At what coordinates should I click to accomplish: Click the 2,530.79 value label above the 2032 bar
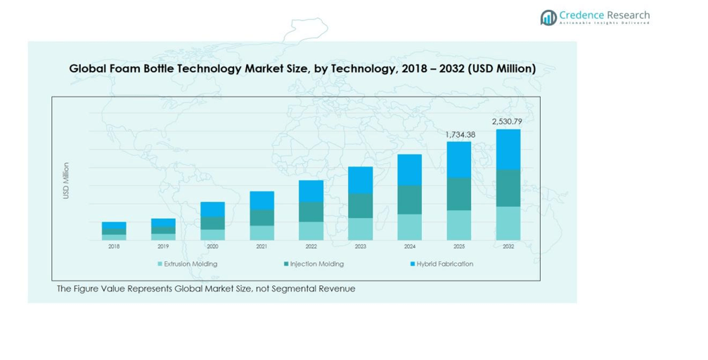(508, 122)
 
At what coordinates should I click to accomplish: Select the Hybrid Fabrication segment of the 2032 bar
(508, 149)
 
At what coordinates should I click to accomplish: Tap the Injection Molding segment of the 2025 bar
(459, 193)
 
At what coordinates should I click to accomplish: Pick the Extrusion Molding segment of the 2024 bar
(409, 227)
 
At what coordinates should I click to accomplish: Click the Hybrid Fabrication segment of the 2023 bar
(360, 180)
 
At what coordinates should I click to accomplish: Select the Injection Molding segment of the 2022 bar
(311, 212)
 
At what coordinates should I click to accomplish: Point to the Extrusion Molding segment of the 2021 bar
(262, 233)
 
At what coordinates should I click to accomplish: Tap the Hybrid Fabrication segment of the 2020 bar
(212, 209)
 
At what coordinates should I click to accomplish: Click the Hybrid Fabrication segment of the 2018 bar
(114, 225)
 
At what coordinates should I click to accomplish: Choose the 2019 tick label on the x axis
(163, 247)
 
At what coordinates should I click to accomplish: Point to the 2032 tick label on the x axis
(508, 247)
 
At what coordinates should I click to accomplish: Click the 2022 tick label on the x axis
(311, 247)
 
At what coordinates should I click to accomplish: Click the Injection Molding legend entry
(314, 264)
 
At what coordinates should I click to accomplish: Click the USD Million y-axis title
(66, 181)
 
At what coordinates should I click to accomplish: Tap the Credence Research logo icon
(548, 18)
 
